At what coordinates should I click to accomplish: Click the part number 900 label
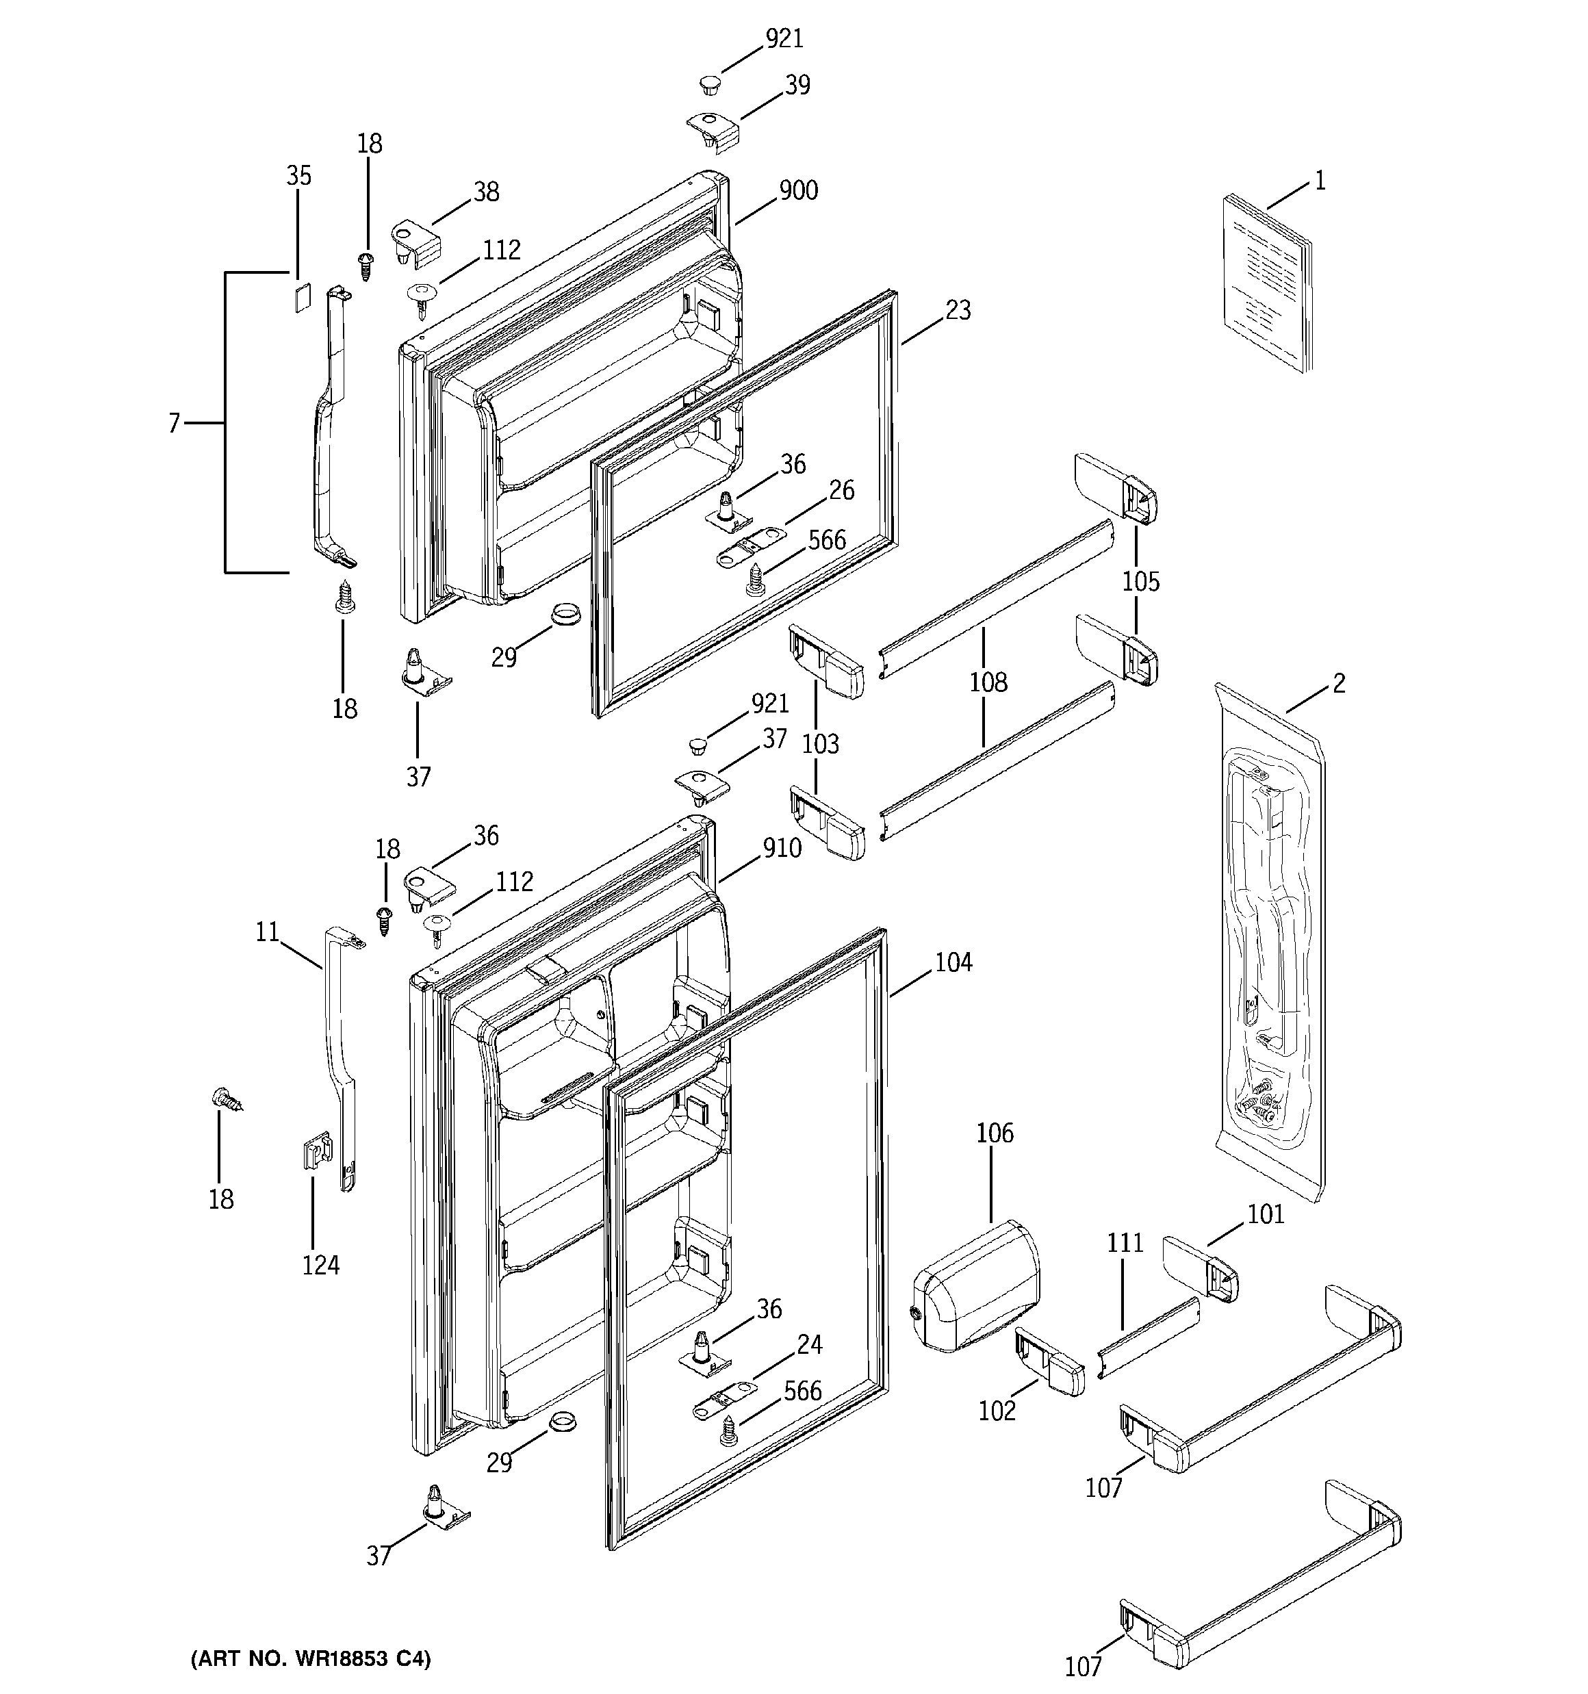pyautogui.click(x=799, y=191)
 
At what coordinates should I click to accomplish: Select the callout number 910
pyautogui.click(x=782, y=848)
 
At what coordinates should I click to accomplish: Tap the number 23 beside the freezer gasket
pyautogui.click(x=958, y=311)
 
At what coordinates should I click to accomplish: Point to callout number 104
pyautogui.click(x=953, y=962)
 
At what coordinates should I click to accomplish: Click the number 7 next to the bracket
pyautogui.click(x=174, y=423)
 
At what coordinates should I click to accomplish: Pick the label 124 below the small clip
pyautogui.click(x=320, y=1266)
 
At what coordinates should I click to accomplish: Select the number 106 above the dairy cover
pyautogui.click(x=995, y=1133)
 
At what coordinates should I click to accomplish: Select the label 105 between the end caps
pyautogui.click(x=1140, y=582)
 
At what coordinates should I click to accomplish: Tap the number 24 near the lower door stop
pyautogui.click(x=809, y=1345)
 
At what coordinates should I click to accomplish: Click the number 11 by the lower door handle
pyautogui.click(x=268, y=932)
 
